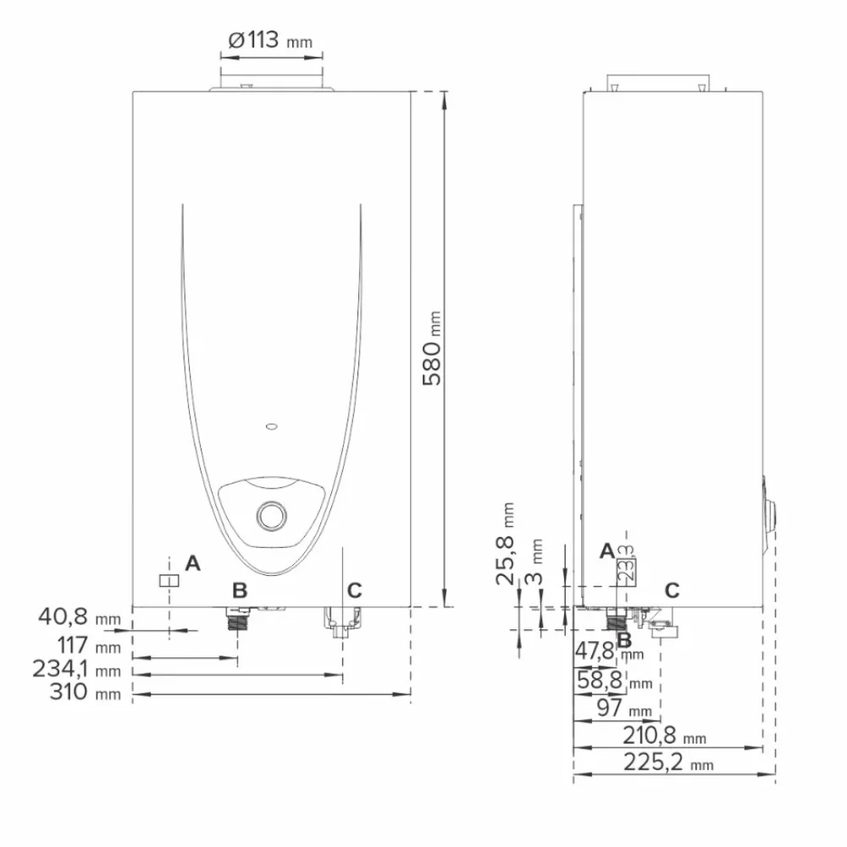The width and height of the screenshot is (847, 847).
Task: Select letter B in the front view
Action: pos(240,589)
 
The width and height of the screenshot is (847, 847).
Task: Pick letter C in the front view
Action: pos(354,589)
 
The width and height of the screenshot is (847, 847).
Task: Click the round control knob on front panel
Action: pos(271,514)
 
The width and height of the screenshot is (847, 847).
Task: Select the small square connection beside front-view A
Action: pos(169,580)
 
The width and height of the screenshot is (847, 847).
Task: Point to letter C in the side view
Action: pos(672,589)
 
